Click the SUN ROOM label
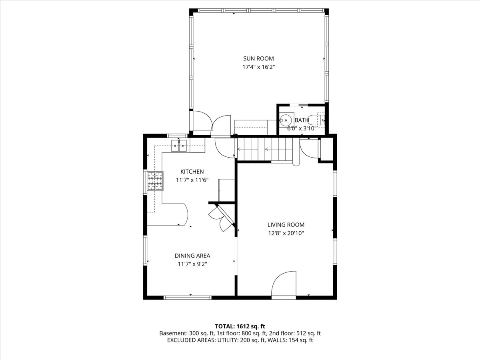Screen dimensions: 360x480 pyautogui.click(x=258, y=59)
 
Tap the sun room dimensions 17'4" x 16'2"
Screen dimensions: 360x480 pyautogui.click(x=258, y=67)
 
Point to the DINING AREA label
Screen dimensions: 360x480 pyautogui.click(x=192, y=256)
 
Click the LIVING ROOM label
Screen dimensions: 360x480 pyautogui.click(x=286, y=225)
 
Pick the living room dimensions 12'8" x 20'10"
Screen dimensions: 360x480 pyautogui.click(x=286, y=233)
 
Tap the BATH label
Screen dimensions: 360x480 pyautogui.click(x=302, y=120)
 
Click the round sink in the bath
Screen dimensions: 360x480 pyautogui.click(x=286, y=120)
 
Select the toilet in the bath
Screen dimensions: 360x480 pyautogui.click(x=320, y=119)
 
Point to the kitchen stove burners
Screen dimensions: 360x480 pyautogui.click(x=155, y=180)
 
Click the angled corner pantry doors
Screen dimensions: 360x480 pyautogui.click(x=222, y=218)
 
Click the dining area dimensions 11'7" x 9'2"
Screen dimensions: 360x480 pyautogui.click(x=192, y=264)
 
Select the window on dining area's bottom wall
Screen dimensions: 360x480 pyautogui.click(x=188, y=297)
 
